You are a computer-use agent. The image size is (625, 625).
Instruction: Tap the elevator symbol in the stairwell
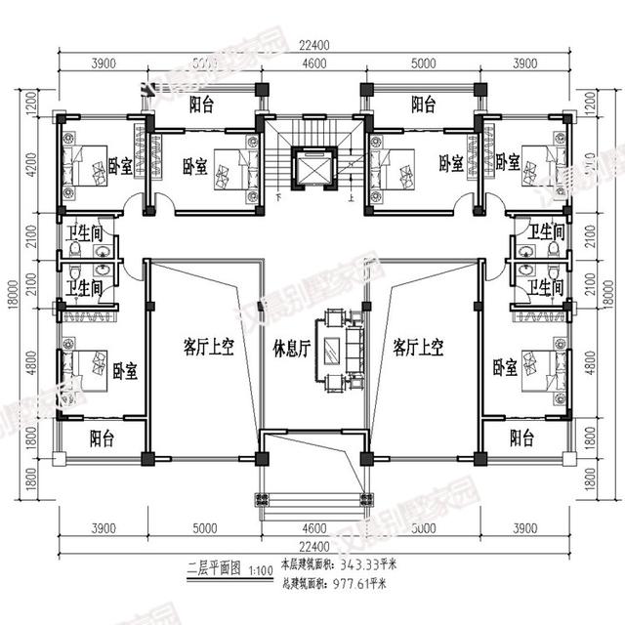(313, 166)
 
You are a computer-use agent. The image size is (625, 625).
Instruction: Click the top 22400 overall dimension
(312, 43)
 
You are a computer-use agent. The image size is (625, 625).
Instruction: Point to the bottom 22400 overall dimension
(312, 545)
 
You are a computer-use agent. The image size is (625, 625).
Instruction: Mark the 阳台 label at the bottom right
(522, 437)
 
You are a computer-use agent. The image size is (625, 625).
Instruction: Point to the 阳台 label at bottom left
(102, 438)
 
